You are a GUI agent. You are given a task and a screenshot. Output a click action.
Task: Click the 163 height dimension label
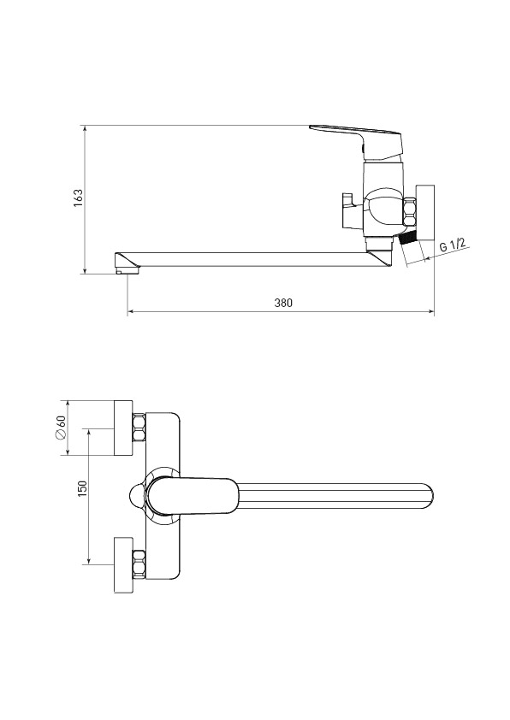pos(79,198)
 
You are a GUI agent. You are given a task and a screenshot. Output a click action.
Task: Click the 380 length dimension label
pos(283,303)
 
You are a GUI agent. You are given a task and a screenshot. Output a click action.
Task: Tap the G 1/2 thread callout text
pos(452,244)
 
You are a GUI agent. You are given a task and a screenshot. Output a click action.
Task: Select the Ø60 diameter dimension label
pos(61,428)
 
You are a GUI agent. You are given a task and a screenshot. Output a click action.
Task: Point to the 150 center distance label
pos(82,488)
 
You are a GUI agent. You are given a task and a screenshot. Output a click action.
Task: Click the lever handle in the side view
pos(357,139)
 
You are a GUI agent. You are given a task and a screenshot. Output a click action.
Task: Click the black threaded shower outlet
pos(406,239)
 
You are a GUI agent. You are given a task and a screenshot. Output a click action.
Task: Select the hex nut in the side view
pos(410,212)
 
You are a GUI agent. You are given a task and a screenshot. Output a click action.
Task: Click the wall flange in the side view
pos(425,212)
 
